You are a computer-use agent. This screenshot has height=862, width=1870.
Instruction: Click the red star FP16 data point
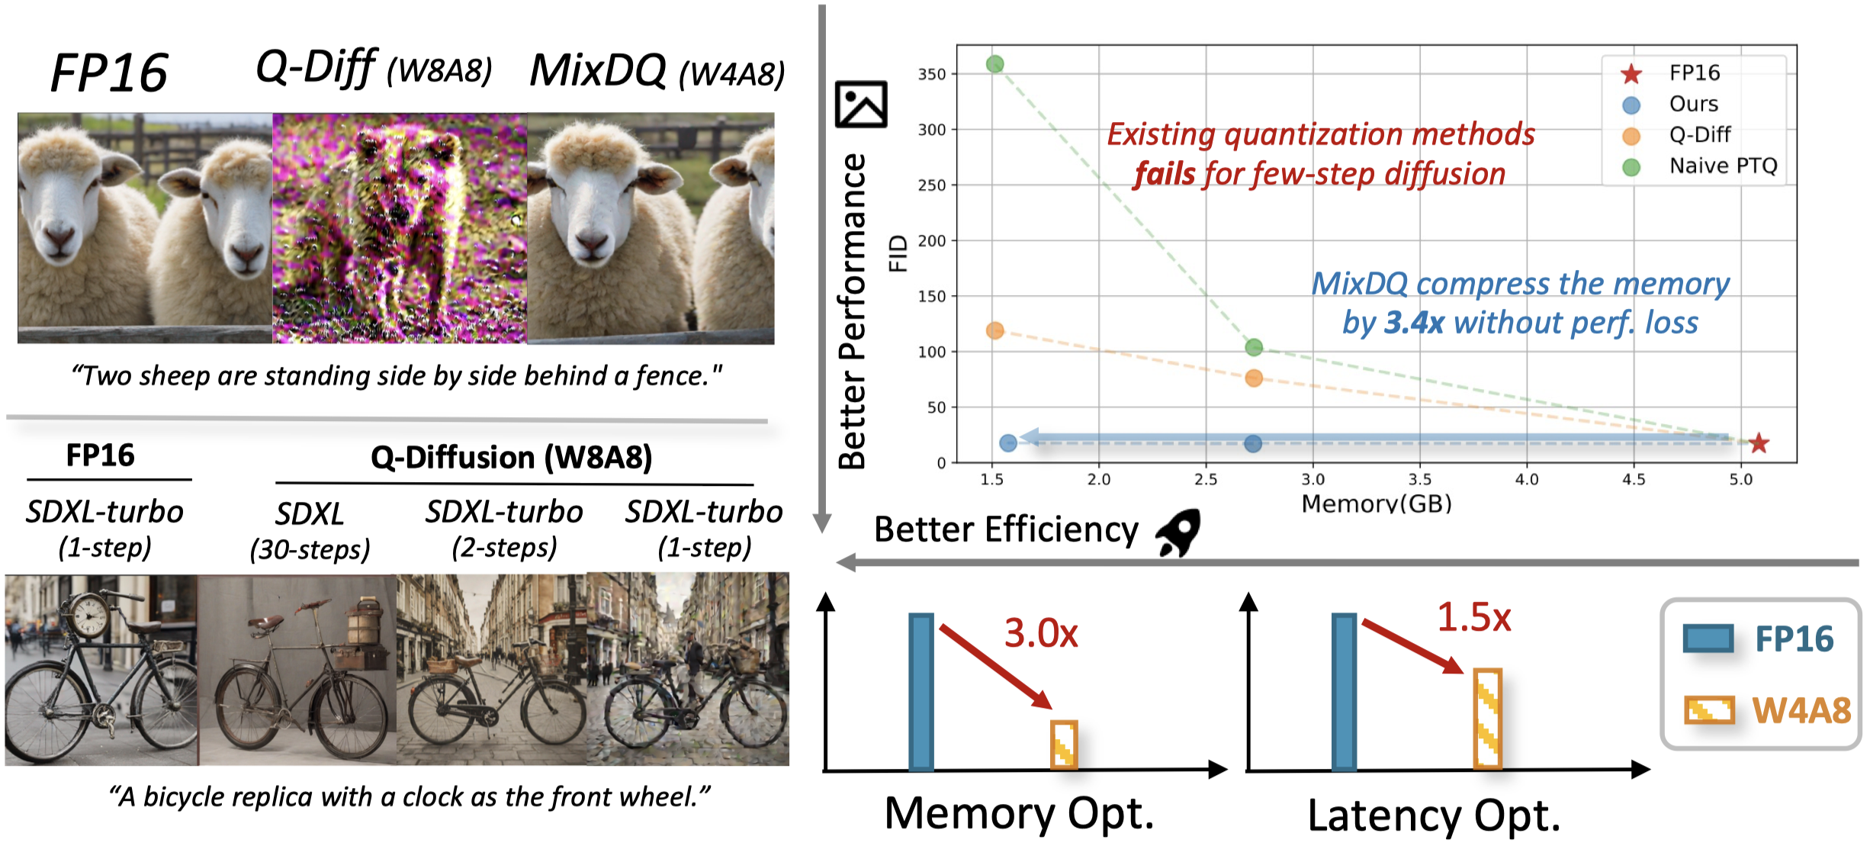1759,443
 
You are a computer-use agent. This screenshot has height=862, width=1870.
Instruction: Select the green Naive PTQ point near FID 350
994,64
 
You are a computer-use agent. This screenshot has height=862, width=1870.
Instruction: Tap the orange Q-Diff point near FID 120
994,330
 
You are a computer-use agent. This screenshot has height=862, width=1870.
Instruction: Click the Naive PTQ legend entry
1723,166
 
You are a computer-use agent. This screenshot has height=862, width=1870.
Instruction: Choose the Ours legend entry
1693,104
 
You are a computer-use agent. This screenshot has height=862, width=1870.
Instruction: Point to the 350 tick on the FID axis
931,74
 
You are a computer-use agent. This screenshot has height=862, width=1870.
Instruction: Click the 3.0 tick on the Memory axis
1313,480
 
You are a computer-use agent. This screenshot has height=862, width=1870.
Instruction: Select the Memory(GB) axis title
1376,503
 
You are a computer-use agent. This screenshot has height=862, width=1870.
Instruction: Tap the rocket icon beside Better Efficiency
1178,532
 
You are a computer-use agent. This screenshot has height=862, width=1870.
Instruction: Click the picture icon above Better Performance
861,104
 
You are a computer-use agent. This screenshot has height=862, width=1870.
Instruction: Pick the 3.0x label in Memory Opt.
1040,633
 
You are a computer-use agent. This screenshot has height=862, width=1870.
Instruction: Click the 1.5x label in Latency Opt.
1473,617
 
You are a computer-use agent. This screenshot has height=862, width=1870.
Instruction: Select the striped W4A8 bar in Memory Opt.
1063,745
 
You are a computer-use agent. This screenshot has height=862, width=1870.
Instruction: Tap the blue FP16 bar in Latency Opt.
1344,692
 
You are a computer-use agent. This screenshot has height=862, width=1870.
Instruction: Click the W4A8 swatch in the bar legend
1709,710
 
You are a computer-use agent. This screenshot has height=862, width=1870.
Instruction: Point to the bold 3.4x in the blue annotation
1414,323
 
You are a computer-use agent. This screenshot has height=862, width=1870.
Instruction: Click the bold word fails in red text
1164,174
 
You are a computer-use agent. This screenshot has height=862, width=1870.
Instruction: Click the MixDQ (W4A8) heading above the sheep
657,72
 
